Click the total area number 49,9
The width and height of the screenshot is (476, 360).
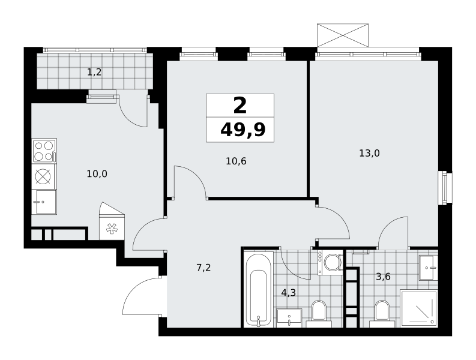click(x=243, y=130)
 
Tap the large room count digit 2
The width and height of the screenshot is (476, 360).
click(x=240, y=106)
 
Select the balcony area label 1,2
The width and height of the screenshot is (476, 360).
click(x=94, y=72)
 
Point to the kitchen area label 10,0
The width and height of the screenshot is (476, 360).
click(x=97, y=174)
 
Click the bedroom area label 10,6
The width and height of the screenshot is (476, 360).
click(x=236, y=161)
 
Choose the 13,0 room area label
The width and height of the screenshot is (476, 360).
click(x=369, y=153)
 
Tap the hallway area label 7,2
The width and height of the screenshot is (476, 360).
click(x=203, y=268)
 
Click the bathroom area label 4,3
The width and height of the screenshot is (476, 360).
click(x=288, y=293)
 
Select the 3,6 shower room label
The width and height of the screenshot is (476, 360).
click(x=383, y=277)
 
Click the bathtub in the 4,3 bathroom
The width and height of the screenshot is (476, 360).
click(x=259, y=289)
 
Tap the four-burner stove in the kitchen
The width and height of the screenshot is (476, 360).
click(x=44, y=151)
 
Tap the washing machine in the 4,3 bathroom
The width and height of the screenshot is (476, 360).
click(x=330, y=262)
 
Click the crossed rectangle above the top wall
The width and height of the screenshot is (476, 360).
click(x=343, y=35)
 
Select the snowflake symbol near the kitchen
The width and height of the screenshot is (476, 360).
click(x=112, y=229)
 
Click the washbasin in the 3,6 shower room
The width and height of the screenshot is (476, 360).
click(x=429, y=268)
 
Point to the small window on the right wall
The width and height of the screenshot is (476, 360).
click(x=445, y=188)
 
